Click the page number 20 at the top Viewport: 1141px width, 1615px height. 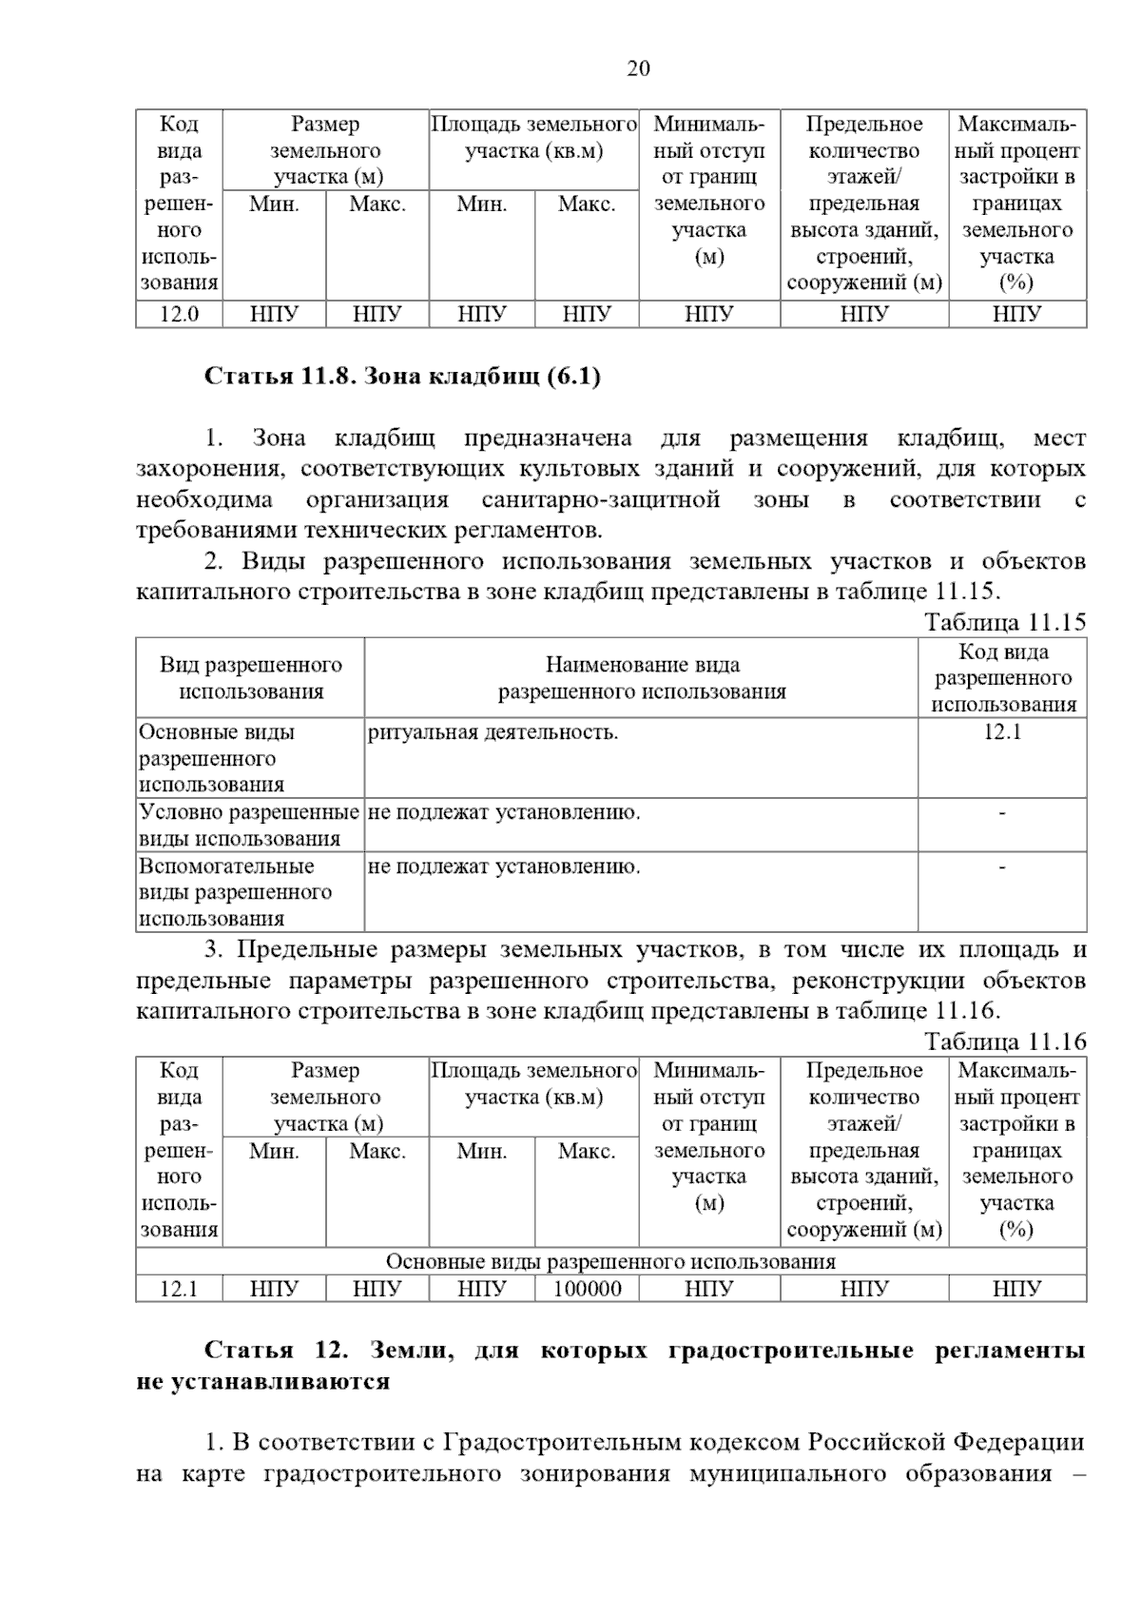tap(638, 68)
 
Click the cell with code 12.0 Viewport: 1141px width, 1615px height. tap(179, 314)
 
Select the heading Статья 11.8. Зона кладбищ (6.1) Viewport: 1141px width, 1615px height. tap(403, 377)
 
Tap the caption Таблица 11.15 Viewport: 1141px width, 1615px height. tap(1005, 623)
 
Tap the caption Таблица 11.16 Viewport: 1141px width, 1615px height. tap(1005, 1041)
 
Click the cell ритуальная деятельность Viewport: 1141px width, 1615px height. tap(493, 732)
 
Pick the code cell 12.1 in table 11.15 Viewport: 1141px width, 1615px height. tap(1002, 732)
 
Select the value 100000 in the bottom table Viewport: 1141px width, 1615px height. tap(587, 1289)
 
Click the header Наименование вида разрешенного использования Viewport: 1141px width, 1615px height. tap(642, 678)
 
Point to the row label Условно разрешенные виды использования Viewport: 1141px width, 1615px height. tap(249, 826)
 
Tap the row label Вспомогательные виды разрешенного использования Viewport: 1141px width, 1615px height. tap(236, 892)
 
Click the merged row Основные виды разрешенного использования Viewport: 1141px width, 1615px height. tap(610, 1262)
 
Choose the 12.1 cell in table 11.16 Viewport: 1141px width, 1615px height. tap(179, 1289)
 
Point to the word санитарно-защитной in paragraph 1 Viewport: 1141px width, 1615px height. tap(601, 500)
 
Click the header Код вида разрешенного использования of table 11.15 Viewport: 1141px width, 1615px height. tap(1003, 678)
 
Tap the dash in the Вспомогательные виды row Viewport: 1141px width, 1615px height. tap(1002, 866)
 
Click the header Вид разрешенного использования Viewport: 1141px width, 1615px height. tap(251, 678)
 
